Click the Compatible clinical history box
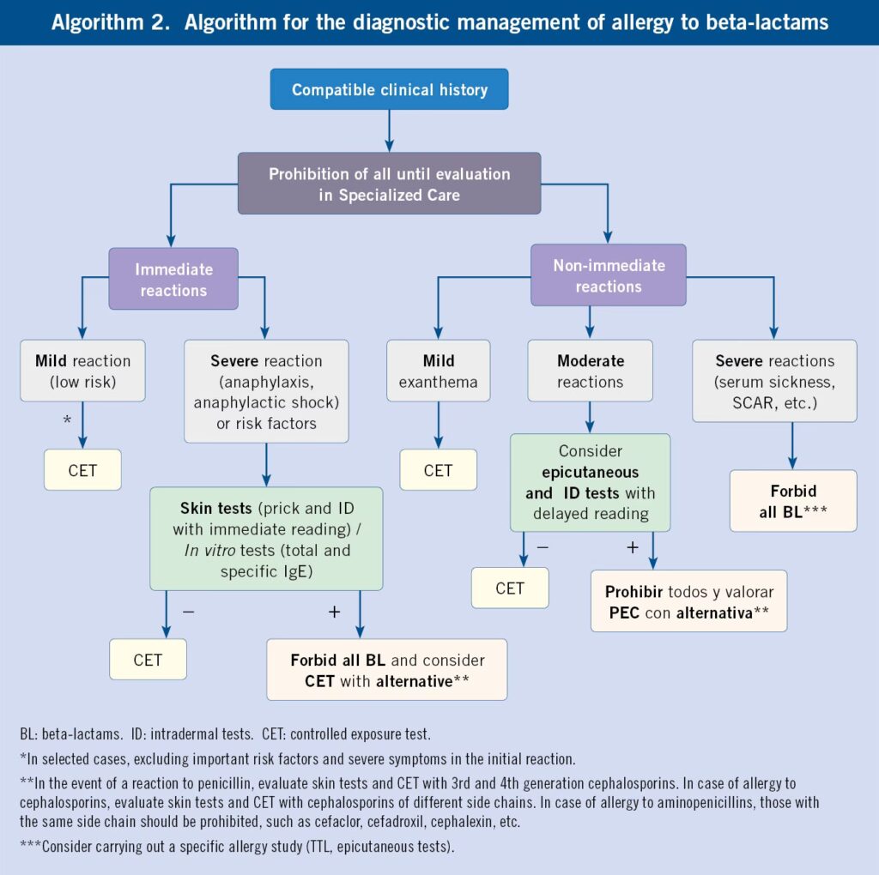(x=389, y=89)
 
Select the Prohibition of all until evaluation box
(x=389, y=184)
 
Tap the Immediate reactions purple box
(x=173, y=279)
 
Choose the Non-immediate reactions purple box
(x=608, y=275)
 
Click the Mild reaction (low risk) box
(x=82, y=371)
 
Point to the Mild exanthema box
(x=438, y=371)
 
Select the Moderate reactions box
(x=590, y=371)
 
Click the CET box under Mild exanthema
(x=438, y=470)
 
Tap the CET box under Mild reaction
(x=82, y=470)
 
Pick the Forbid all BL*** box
(x=792, y=501)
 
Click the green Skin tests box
(x=266, y=539)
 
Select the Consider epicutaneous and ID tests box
(x=590, y=482)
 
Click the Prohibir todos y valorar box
(x=688, y=601)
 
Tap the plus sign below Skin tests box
(x=334, y=612)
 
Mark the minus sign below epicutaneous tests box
(x=542, y=547)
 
